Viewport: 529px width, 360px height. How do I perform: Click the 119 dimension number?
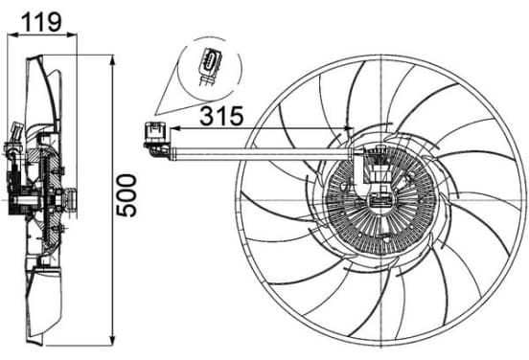coord(42,22)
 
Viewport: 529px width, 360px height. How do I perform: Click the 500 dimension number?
coord(126,195)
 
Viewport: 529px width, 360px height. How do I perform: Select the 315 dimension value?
coord(221,116)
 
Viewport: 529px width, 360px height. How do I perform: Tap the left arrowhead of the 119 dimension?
coord(12,34)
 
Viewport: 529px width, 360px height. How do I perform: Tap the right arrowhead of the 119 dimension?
coord(72,34)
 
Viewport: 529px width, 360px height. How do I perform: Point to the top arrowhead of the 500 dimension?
coord(113,60)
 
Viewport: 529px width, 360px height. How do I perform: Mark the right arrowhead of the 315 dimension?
coord(349,128)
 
